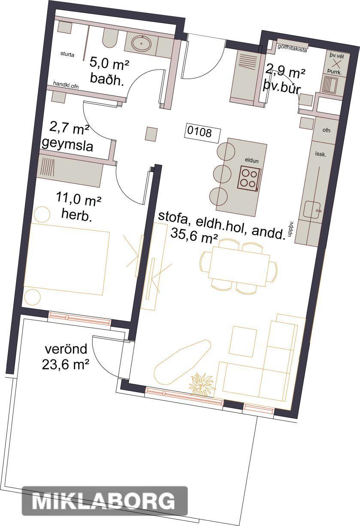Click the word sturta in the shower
coord(67,55)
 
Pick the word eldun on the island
coord(251,161)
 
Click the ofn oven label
coord(327,130)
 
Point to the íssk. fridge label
coord(321,154)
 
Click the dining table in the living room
coord(239,266)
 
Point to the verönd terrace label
coord(66,349)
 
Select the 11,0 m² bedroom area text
coord(79,200)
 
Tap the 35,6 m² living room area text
coord(194,235)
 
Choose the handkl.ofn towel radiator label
coord(66,85)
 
